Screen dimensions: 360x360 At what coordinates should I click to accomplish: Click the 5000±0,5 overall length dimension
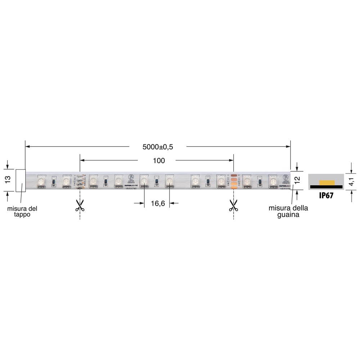(158, 147)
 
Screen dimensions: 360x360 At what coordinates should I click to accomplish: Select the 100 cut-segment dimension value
(159, 161)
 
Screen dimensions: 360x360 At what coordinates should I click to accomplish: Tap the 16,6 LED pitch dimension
(158, 204)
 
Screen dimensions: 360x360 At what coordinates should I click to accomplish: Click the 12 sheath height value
(297, 180)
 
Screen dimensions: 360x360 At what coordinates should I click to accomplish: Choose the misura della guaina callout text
(288, 212)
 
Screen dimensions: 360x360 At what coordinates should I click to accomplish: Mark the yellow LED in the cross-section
(326, 183)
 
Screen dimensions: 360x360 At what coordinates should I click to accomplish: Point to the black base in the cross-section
(326, 186)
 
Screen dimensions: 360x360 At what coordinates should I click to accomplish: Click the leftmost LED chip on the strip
(41, 181)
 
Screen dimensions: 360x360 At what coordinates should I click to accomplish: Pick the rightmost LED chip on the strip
(273, 181)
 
